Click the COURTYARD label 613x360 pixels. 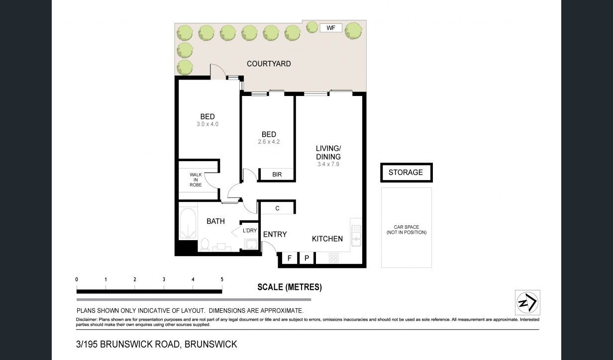[269, 64]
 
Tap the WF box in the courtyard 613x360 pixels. [331, 28]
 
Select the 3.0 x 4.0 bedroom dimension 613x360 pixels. [207, 124]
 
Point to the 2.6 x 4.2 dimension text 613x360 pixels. [269, 142]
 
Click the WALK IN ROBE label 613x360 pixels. [196, 180]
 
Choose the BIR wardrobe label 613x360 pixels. [277, 175]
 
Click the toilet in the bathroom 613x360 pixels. [204, 244]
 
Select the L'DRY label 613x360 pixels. [250, 231]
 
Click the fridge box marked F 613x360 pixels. [290, 258]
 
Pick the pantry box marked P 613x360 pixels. [307, 258]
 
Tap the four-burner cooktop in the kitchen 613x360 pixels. [334, 258]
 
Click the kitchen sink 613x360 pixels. [356, 235]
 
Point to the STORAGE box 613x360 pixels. [407, 173]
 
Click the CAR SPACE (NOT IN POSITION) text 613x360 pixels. [407, 230]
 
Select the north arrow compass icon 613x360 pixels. [527, 302]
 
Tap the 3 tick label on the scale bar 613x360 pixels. [164, 279]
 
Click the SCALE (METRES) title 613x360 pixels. [290, 287]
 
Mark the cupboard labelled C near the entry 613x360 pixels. [277, 208]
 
